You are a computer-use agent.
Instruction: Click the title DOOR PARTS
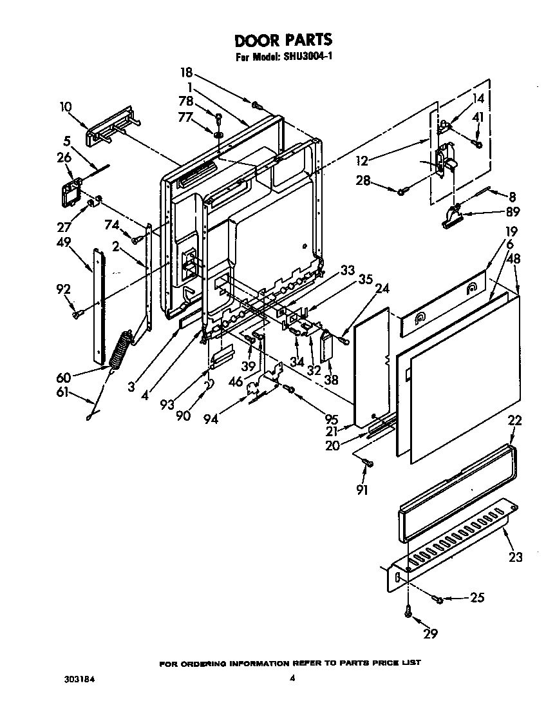coord(283,41)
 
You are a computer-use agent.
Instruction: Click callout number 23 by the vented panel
coord(515,557)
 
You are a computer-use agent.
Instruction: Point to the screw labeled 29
coord(408,613)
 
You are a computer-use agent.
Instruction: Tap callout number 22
coord(514,420)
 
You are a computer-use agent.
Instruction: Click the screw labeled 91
coord(368,463)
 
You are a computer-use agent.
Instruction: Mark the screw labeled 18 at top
coord(256,104)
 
